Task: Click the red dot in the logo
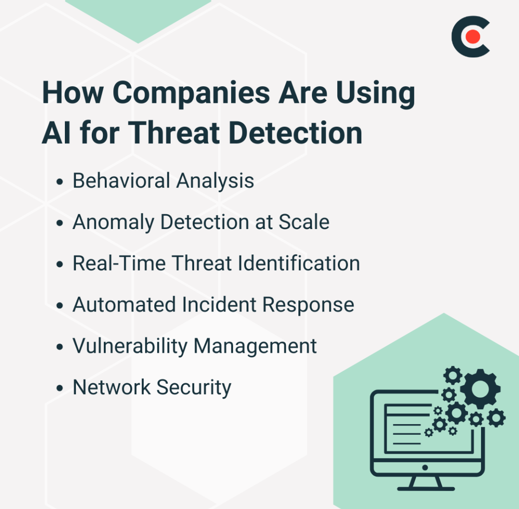(x=473, y=36)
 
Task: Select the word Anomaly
(x=113, y=223)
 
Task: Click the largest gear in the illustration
(x=480, y=389)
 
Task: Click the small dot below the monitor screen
(x=425, y=468)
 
